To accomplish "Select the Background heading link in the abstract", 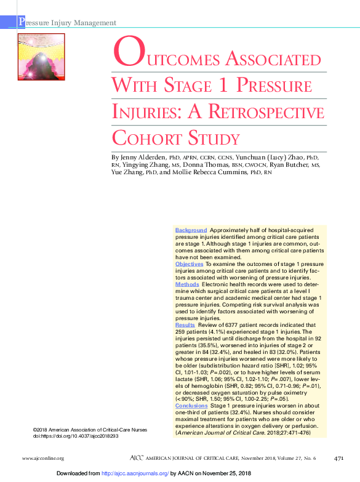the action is click(191, 230).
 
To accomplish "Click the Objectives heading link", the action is click(189, 263).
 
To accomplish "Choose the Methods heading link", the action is click(187, 285).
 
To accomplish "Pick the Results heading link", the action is click(185, 324).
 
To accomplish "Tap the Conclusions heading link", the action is click(191, 406).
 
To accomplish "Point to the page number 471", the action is click(338, 458).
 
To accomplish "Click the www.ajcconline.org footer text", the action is click(43, 459).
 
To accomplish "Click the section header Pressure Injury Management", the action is click(68, 23).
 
